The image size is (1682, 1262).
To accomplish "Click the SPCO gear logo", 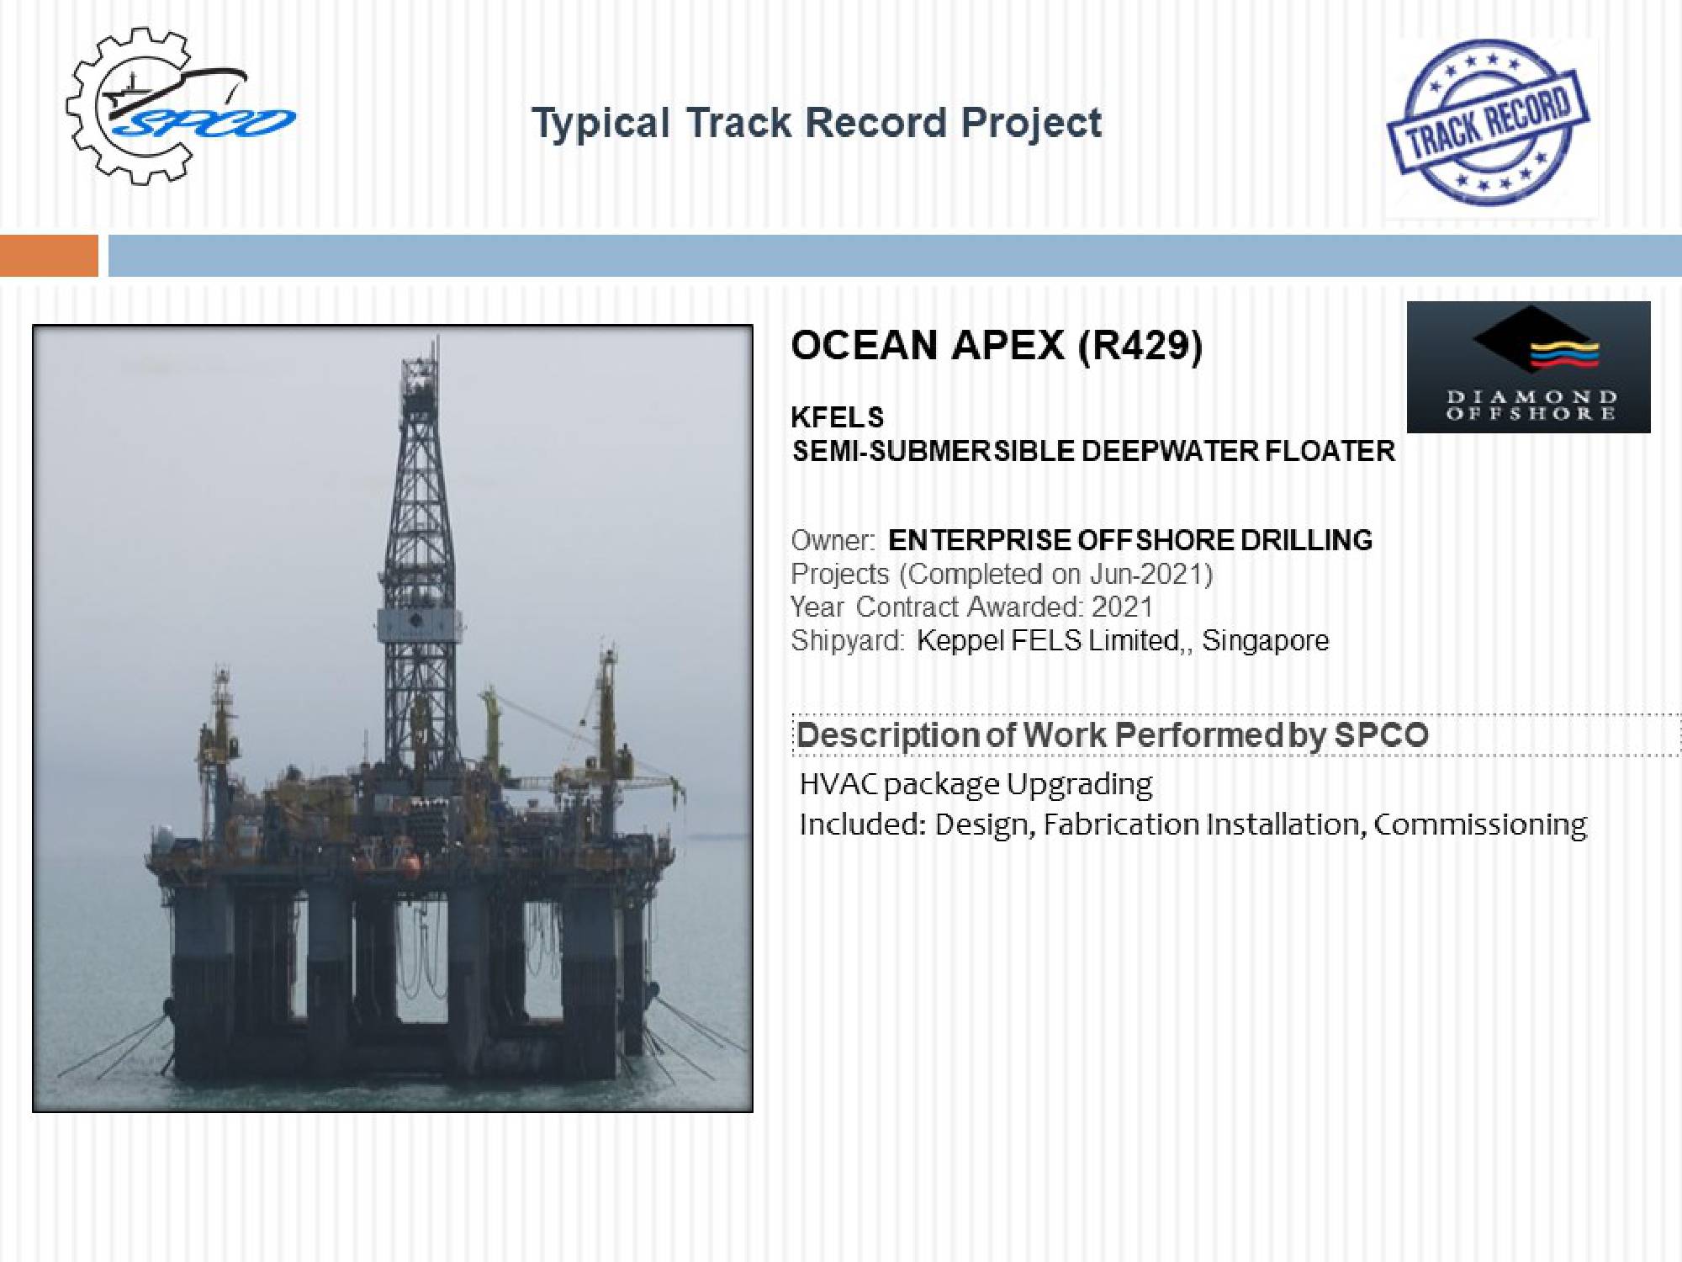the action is point(180,106).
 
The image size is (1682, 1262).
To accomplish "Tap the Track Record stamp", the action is point(1488,123).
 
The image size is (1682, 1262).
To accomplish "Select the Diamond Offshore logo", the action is point(1528,367).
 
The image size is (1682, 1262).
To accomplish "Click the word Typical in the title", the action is point(601,124).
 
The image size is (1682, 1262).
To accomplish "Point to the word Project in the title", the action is point(1031,124).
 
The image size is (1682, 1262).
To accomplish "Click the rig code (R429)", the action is point(1140,345).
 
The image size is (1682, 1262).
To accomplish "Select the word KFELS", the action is point(838,417).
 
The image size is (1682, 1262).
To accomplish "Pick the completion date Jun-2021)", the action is point(1151,574).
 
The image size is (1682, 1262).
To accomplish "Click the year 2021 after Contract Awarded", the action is point(1122,607).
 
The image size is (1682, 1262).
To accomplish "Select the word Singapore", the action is point(1265,641).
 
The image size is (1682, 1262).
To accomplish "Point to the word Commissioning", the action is point(1480,825).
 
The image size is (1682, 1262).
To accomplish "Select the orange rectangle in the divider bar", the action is point(49,256).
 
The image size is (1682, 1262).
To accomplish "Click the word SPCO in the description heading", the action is point(1381,735).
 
